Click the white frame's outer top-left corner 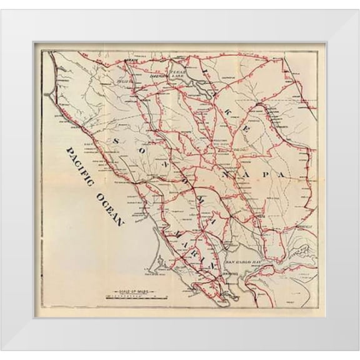coord(1,1)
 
